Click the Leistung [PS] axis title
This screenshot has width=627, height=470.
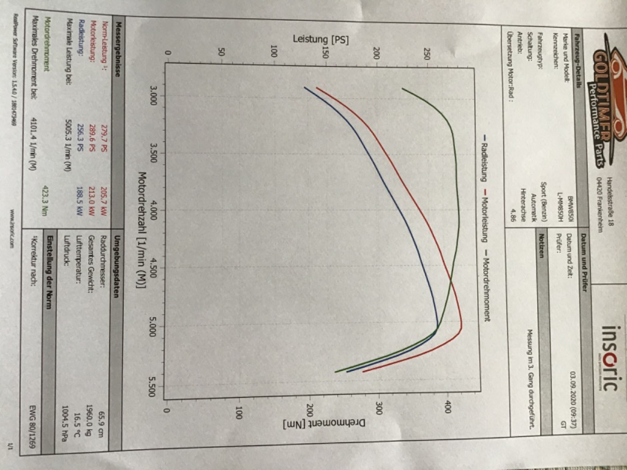[320, 38]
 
